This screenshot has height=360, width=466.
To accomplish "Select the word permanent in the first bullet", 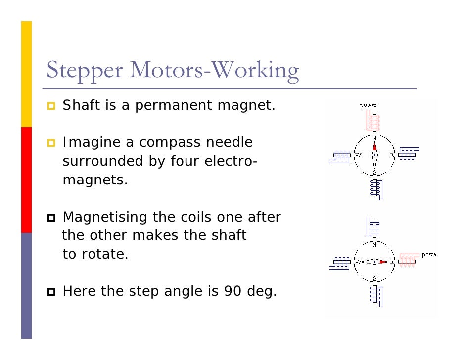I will pyautogui.click(x=185, y=105).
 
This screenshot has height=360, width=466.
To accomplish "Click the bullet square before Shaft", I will pyautogui.click(x=51, y=106).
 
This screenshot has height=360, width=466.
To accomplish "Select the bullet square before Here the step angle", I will pyautogui.click(x=51, y=292).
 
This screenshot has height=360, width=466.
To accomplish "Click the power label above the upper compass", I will pyautogui.click(x=368, y=105).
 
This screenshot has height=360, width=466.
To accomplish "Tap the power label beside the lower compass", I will pyautogui.click(x=430, y=254).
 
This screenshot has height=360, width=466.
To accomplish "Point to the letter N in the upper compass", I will pyautogui.click(x=374, y=137).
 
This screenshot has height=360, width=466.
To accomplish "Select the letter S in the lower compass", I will pyautogui.click(x=374, y=278).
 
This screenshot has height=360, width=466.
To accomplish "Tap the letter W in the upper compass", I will pyautogui.click(x=358, y=155).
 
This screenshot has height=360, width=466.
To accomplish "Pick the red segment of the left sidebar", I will pyautogui.click(x=26, y=180).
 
